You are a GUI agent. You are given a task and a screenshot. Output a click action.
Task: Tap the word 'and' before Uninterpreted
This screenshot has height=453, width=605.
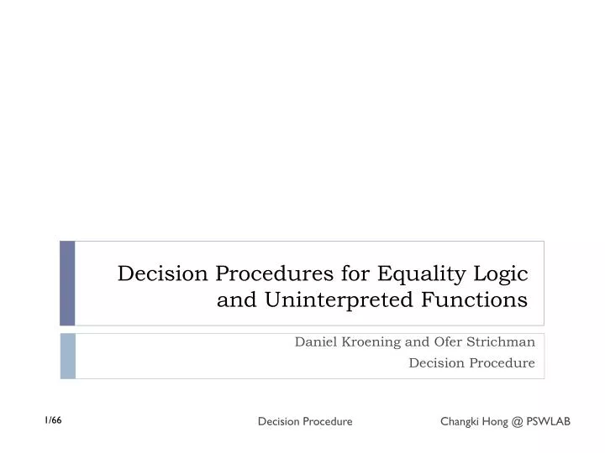pos(235,299)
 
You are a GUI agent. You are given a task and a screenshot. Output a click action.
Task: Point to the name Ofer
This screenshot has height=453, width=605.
pos(448,342)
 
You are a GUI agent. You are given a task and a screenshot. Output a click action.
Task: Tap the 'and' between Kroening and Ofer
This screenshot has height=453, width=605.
pos(417,342)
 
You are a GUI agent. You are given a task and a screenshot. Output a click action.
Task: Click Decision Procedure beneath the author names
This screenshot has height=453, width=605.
pos(471,363)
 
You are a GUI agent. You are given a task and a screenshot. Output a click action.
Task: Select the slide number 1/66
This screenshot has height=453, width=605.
pos(54,420)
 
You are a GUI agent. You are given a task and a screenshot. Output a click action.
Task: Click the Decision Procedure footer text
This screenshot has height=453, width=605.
pos(305,421)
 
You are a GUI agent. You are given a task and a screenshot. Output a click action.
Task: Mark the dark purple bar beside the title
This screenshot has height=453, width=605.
pos(67,283)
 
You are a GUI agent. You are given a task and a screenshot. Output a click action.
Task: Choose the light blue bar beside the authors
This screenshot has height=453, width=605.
pos(67,356)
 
